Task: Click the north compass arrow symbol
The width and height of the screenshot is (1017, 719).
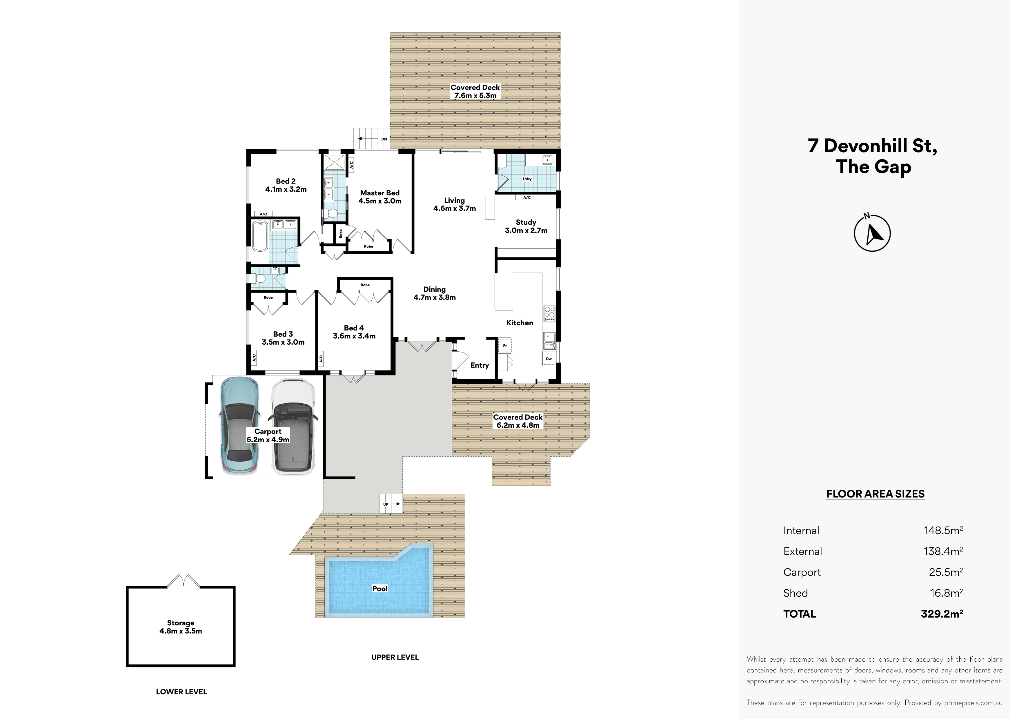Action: click(872, 233)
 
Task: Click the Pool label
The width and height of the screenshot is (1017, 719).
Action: click(379, 588)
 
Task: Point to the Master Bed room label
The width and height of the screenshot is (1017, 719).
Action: click(380, 197)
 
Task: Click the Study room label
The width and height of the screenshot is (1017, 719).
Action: click(526, 226)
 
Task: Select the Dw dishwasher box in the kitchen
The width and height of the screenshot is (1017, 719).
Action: click(549, 359)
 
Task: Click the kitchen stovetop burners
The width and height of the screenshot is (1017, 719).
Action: click(549, 313)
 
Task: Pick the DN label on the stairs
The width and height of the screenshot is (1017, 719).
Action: click(384, 139)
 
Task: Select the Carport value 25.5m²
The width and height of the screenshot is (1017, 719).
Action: click(946, 572)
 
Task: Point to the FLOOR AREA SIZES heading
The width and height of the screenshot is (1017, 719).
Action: click(875, 494)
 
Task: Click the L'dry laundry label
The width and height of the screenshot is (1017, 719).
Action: click(527, 179)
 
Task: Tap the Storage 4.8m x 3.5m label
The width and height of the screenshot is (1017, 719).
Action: click(181, 627)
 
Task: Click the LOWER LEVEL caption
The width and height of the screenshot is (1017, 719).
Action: click(181, 691)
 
